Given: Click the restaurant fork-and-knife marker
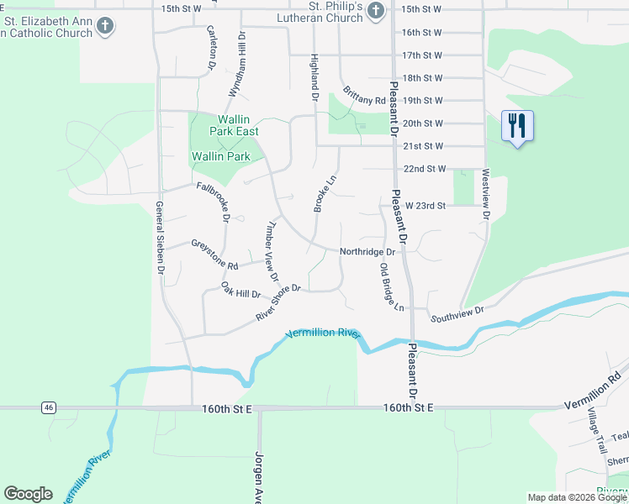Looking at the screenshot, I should (517, 127).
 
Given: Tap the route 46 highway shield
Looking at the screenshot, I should (50, 408).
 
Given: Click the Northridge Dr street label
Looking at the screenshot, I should (367, 252).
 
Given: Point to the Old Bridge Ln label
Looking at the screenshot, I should (392, 287).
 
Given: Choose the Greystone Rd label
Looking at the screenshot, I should (214, 255).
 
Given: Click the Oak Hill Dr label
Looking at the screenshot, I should (241, 291).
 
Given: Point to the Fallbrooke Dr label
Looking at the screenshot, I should (214, 201).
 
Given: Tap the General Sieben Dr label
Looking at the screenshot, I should (159, 239).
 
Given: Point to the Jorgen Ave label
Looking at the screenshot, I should (258, 477).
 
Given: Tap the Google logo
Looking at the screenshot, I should (28, 494).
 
